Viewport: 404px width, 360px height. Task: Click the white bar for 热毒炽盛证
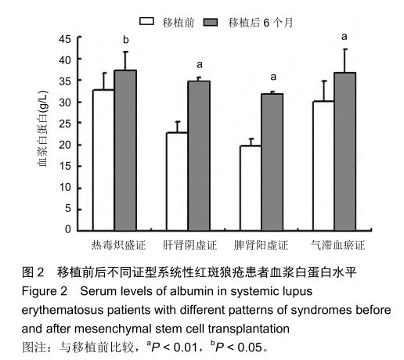103,160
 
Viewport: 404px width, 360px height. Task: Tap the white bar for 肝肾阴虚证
178,181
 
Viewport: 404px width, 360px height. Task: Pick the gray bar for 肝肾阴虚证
199,156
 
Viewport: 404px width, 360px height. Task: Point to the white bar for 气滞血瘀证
324,165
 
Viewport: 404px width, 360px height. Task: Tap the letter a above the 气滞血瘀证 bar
345,36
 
